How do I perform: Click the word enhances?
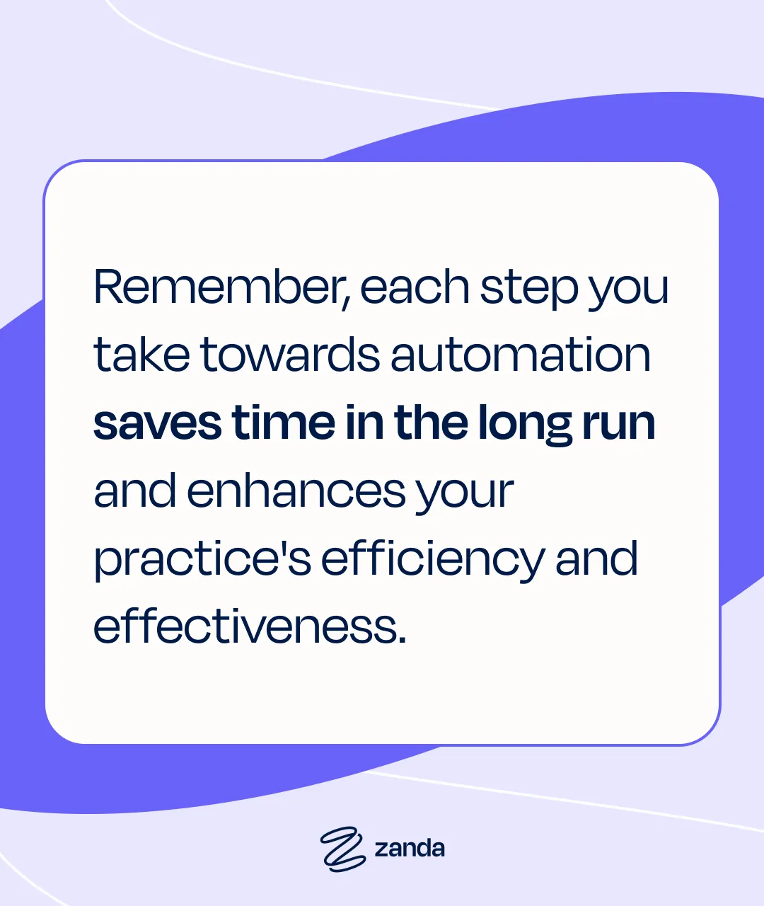(x=296, y=491)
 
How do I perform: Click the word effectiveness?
(x=245, y=626)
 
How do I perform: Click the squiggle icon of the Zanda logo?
(x=343, y=847)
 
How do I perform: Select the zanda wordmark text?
(x=410, y=848)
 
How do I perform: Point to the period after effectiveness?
(x=403, y=639)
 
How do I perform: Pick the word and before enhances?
(x=135, y=491)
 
